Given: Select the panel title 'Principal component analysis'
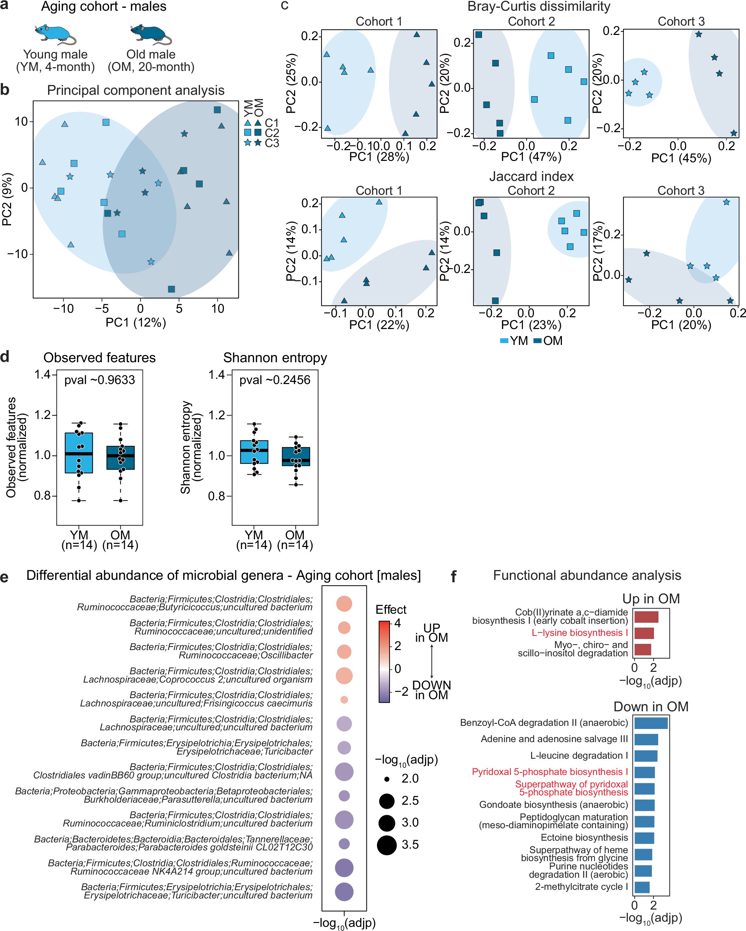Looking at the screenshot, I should [136, 90].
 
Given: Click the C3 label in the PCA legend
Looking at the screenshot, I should [272, 143].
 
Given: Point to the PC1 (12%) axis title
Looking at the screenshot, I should [136, 322].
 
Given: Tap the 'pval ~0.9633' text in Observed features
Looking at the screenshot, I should [99, 380].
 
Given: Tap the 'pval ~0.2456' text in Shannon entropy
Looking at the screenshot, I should [275, 380].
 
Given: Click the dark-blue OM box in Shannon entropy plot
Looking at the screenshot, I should [295, 456].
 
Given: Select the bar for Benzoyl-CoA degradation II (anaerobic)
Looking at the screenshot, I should [651, 723].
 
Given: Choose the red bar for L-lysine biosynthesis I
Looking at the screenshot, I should [644, 633].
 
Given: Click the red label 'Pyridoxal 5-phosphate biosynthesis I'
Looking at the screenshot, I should [549, 772].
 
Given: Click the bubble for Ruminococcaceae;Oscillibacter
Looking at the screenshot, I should [344, 651].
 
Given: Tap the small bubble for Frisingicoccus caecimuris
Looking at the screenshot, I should [344, 699].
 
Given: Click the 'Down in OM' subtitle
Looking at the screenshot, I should [651, 707].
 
